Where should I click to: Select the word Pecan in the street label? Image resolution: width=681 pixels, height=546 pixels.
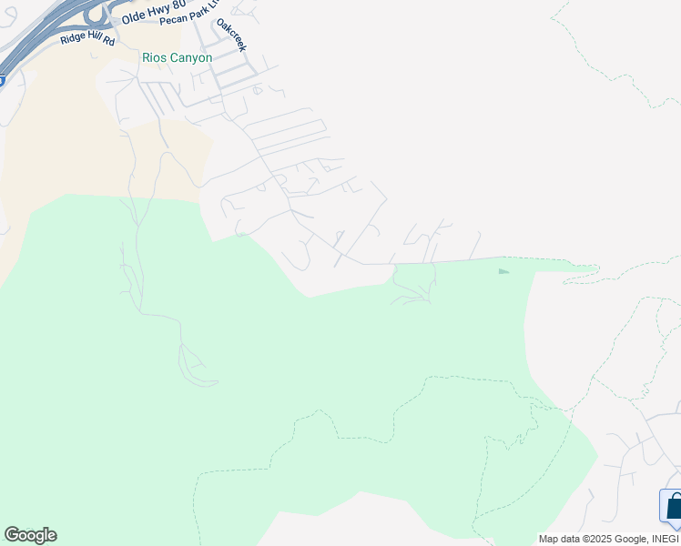coord(171,21)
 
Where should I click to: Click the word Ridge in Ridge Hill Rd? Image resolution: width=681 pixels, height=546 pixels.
coord(74,41)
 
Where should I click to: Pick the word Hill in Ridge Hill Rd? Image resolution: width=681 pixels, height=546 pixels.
coord(97,41)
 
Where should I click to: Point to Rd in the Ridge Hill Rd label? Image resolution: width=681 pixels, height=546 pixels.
coord(110,41)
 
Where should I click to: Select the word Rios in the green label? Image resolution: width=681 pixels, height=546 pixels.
coord(154,57)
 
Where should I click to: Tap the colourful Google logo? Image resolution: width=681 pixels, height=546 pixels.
coord(30,535)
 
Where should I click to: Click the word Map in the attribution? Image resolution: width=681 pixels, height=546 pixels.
coord(549,540)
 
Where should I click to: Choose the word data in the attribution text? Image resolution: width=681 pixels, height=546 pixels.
coord(573,540)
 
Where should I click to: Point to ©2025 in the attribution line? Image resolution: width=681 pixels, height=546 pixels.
coord(602,540)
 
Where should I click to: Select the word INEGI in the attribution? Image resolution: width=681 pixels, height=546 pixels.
coord(666,540)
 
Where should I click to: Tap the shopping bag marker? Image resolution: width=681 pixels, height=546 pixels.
coord(673,506)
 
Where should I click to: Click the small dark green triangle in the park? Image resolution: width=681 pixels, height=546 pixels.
coord(503,270)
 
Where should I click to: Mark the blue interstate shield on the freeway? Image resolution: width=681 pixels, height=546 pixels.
coord(2,80)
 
